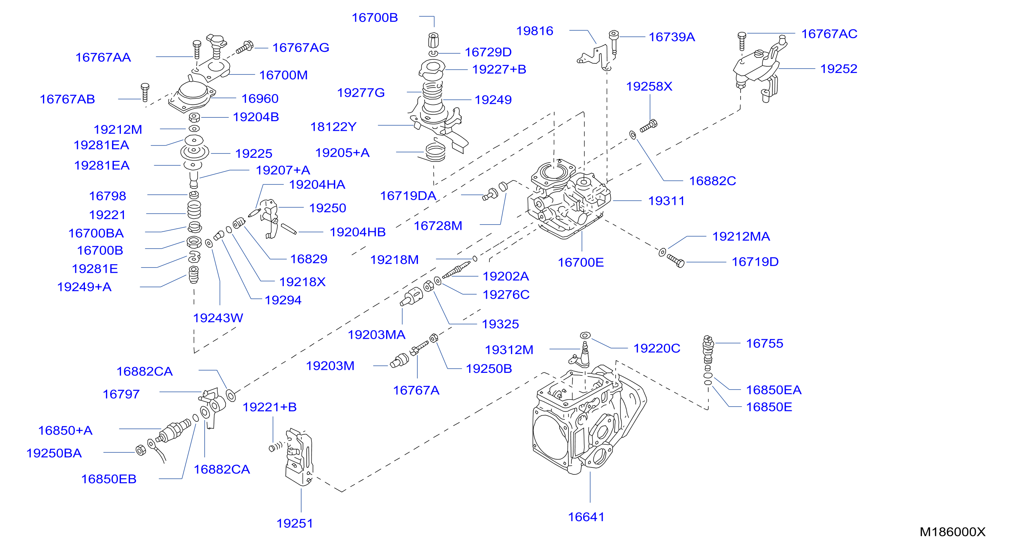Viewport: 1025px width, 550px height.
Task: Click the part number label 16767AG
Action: pyautogui.click(x=300, y=48)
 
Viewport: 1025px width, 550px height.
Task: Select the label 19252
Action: pyautogui.click(x=838, y=69)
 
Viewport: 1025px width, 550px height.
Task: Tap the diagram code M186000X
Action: pyautogui.click(x=952, y=532)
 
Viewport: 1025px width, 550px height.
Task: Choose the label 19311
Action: pyautogui.click(x=666, y=201)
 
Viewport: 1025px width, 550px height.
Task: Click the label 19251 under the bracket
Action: pyautogui.click(x=294, y=523)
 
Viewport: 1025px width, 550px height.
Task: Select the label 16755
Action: pyautogui.click(x=764, y=343)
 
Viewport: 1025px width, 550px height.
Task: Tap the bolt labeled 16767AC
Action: pyautogui.click(x=742, y=42)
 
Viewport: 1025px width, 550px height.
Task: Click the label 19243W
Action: pyautogui.click(x=218, y=318)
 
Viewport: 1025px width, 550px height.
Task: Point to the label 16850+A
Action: pyautogui.click(x=65, y=430)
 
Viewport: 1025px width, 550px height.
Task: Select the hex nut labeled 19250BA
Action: pyautogui.click(x=141, y=450)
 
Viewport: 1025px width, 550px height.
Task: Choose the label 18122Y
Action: pyautogui.click(x=333, y=127)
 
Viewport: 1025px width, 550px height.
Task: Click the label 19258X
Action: pyautogui.click(x=649, y=86)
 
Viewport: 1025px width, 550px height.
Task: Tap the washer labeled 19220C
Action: pyautogui.click(x=585, y=335)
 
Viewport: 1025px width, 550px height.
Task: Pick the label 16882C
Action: pyautogui.click(x=712, y=181)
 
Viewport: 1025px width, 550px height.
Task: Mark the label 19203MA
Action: pyautogui.click(x=376, y=334)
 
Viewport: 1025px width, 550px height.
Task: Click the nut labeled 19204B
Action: pyautogui.click(x=194, y=118)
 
